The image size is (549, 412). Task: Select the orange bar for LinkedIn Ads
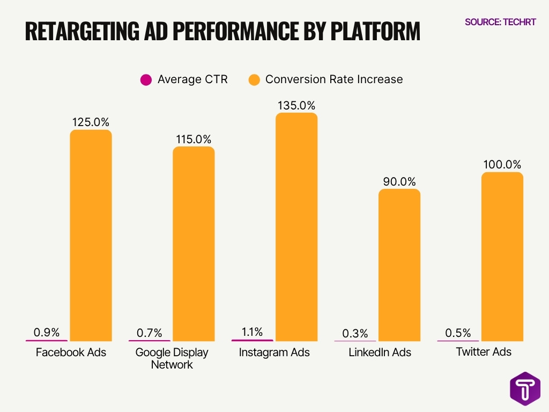pos(399,265)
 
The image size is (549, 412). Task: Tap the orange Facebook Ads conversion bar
pos(91,236)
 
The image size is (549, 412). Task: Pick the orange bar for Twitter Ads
pos(502,256)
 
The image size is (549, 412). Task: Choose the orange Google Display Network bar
pos(194,244)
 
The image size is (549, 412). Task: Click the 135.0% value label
pos(296,105)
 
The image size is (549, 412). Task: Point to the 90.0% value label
pos(399,181)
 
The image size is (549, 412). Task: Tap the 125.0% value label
pos(91,122)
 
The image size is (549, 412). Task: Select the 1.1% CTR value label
pos(252,332)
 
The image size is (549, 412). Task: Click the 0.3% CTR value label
pos(355,334)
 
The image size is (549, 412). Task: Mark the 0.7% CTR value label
pos(149,333)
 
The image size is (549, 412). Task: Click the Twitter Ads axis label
pos(484,352)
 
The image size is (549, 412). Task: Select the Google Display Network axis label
pos(172,358)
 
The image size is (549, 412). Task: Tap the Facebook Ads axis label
pos(71,352)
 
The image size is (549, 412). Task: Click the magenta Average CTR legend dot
pos(146,80)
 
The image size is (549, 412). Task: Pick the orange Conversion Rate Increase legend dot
pos(254,80)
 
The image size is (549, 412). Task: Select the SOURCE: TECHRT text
pos(500,23)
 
